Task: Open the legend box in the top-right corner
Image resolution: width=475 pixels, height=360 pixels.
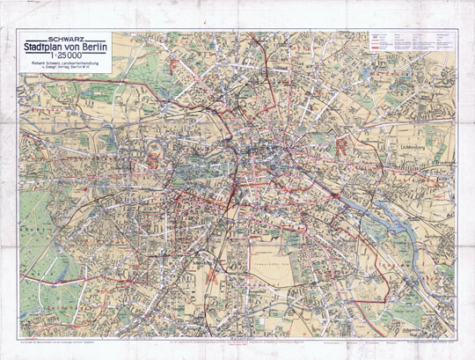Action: [x=411, y=52]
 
